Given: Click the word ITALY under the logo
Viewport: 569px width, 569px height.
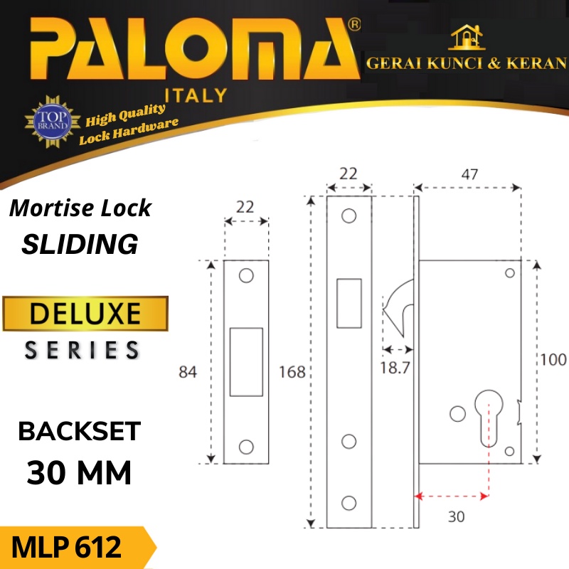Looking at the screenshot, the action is [x=196, y=95].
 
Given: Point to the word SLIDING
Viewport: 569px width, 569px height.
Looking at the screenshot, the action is [x=80, y=244].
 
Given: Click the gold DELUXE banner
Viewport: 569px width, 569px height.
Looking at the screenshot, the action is [x=85, y=314].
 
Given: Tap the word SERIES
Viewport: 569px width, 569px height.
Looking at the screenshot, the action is [x=83, y=349].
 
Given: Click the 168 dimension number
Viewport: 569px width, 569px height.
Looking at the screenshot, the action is [x=292, y=371].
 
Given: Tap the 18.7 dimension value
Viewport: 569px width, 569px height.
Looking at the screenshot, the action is [x=396, y=368].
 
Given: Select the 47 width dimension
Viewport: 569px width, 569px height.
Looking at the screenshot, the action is [x=469, y=174].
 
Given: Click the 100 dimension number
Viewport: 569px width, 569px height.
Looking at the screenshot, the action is [x=553, y=359].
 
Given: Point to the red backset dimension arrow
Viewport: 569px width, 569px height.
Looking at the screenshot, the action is [x=452, y=496].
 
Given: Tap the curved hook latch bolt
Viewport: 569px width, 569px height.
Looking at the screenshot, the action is [x=398, y=302].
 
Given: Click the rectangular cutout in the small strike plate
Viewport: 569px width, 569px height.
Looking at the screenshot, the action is [x=246, y=361].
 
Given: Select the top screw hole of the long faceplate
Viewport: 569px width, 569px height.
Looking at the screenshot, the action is [x=349, y=215].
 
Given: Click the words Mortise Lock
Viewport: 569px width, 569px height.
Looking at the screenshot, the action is [x=80, y=208].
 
